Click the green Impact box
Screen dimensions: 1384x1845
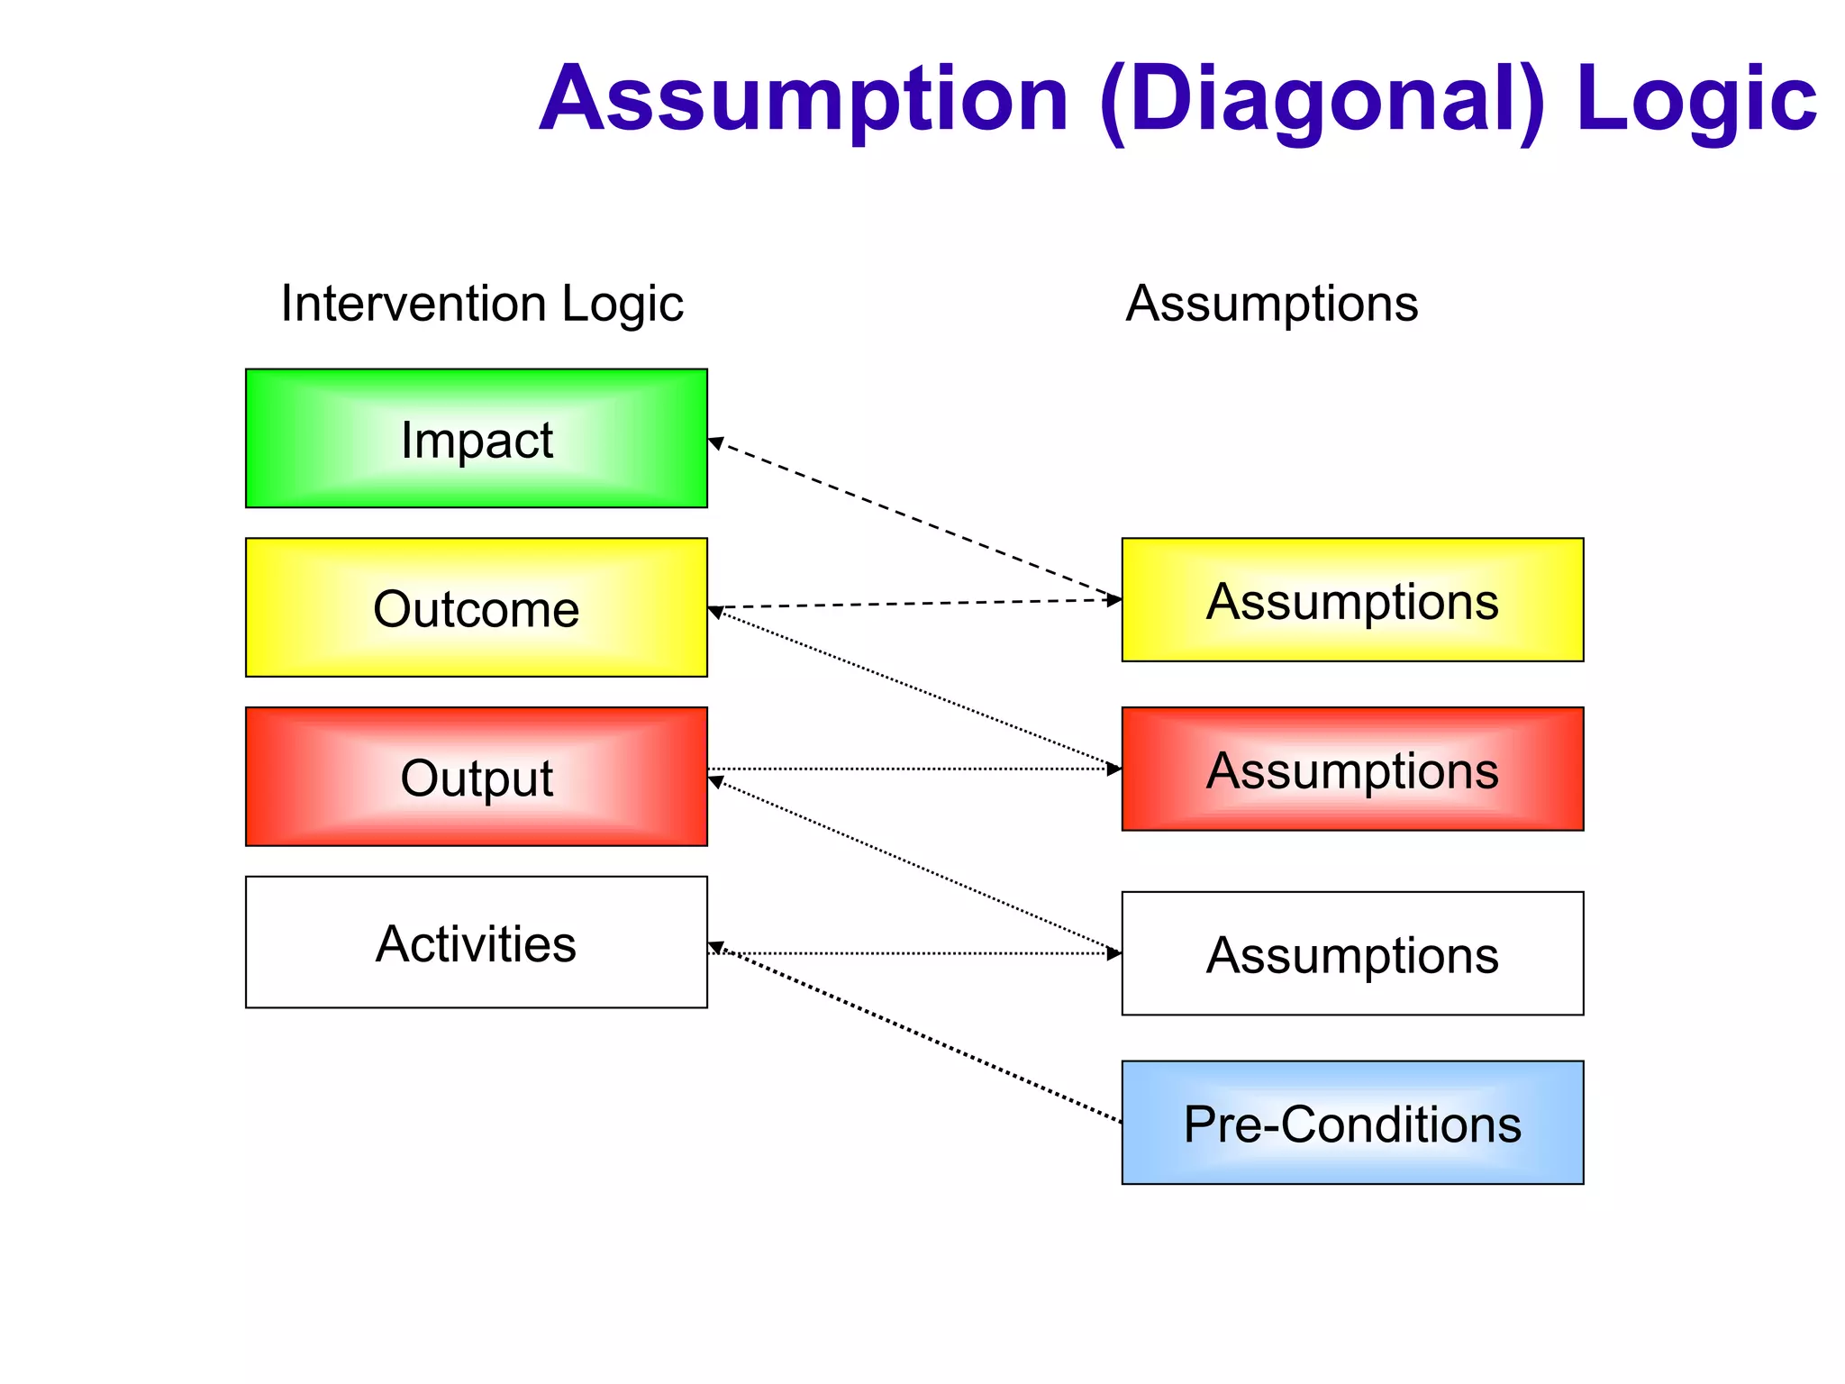click(x=476, y=439)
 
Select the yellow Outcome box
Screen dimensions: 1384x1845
click(x=476, y=607)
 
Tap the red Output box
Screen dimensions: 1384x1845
click(x=476, y=777)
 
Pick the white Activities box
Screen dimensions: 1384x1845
click(x=476, y=942)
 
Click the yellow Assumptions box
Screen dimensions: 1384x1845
click(x=1352, y=600)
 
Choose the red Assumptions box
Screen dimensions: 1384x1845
click(x=1352, y=769)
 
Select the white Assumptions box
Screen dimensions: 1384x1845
click(x=1352, y=953)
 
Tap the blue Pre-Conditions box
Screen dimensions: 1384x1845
click(x=1352, y=1123)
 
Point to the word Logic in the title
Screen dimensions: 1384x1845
click(x=1695, y=99)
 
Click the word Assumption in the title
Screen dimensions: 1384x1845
click(x=804, y=99)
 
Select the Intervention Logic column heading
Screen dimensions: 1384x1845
click(x=482, y=304)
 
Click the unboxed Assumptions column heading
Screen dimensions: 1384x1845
click(x=1271, y=304)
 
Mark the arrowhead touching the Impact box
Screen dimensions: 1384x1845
click(x=714, y=442)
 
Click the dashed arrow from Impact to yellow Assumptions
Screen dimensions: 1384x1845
click(x=914, y=521)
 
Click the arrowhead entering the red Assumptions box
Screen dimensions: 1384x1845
click(x=1115, y=769)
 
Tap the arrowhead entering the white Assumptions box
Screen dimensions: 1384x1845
click(x=1115, y=953)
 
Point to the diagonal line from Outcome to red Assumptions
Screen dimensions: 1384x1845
click(x=914, y=689)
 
